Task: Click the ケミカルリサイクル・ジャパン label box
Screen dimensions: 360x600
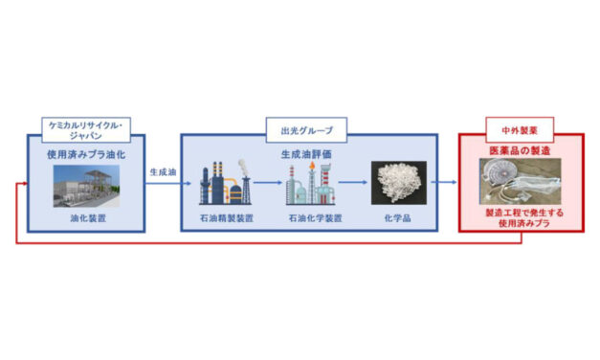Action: tap(86, 130)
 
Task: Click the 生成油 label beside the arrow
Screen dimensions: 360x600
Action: tap(161, 173)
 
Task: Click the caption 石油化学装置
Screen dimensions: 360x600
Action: tap(307, 217)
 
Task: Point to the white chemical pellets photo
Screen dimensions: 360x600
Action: tap(393, 182)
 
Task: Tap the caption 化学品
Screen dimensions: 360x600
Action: tap(393, 217)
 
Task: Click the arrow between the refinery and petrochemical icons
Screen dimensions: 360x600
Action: tap(267, 184)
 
